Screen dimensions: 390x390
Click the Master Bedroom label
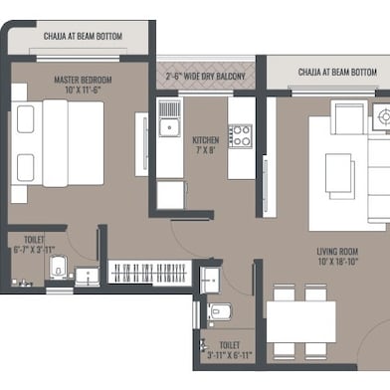(x=83, y=80)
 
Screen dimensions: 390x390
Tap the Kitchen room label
(x=206, y=140)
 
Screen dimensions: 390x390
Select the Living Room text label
(x=337, y=252)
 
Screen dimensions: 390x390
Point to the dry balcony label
(x=205, y=77)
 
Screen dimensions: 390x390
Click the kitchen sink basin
(x=169, y=127)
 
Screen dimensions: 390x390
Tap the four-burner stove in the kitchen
(x=240, y=136)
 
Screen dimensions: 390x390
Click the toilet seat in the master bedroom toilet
(x=58, y=268)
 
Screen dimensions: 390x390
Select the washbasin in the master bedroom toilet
(x=88, y=276)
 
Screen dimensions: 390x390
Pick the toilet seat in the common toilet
(x=219, y=312)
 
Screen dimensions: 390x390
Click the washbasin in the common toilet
(x=210, y=280)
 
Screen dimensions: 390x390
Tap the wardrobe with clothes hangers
(x=150, y=272)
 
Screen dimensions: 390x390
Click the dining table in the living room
(x=300, y=321)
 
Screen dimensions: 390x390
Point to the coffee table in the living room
(x=338, y=173)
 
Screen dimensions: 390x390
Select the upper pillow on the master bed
(x=25, y=119)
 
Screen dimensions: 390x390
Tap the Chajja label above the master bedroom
(x=83, y=36)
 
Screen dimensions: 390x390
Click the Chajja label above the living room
(x=337, y=72)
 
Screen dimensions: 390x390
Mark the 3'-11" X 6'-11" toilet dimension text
(x=230, y=355)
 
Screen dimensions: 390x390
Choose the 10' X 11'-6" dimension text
(x=83, y=90)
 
